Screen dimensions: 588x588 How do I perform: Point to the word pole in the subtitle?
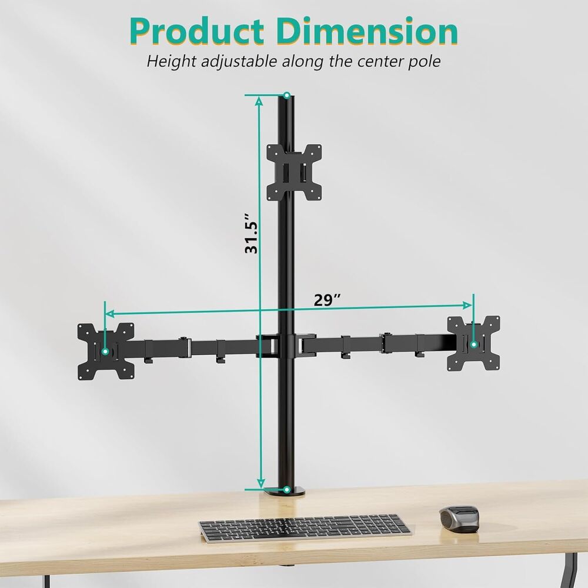pyautogui.click(x=424, y=61)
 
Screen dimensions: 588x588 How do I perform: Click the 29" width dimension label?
pyautogui.click(x=327, y=299)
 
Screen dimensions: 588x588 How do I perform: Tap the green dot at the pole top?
pyautogui.click(x=286, y=95)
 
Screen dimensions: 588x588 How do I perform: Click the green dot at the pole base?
pyautogui.click(x=286, y=489)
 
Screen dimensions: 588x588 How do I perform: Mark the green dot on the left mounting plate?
pyautogui.click(x=105, y=351)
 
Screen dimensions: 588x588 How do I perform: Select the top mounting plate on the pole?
pyautogui.click(x=294, y=172)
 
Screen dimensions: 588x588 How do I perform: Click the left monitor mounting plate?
pyautogui.click(x=106, y=351)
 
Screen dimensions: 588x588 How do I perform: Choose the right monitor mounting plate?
pyautogui.click(x=474, y=343)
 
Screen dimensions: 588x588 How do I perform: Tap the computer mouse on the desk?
pyautogui.click(x=459, y=518)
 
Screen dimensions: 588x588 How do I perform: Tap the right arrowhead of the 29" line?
pyautogui.click(x=468, y=305)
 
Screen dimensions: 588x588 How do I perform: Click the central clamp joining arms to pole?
pyautogui.click(x=286, y=346)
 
